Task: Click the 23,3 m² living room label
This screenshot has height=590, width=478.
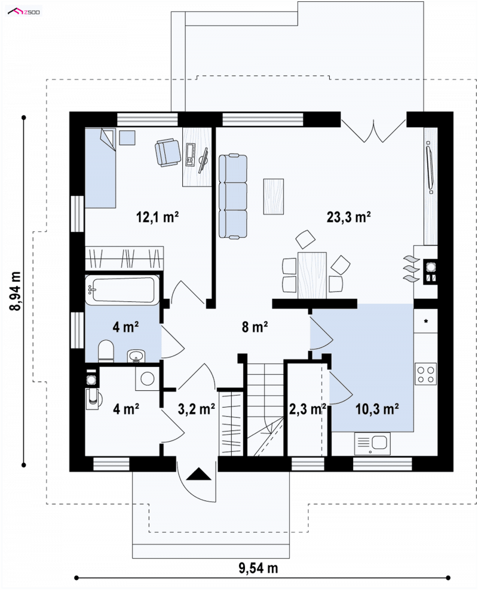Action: (x=348, y=217)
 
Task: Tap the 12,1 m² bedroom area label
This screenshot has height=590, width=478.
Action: (x=157, y=217)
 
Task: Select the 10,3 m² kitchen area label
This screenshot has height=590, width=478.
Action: (x=377, y=409)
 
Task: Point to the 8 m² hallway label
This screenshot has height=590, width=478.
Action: (x=255, y=326)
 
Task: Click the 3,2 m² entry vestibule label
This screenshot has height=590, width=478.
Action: (x=197, y=409)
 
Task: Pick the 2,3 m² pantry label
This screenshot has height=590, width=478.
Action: (x=307, y=409)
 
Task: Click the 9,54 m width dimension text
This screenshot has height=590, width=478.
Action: (x=258, y=568)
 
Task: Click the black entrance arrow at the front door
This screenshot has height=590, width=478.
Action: (x=198, y=474)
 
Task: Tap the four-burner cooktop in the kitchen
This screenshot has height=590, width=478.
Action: (x=426, y=374)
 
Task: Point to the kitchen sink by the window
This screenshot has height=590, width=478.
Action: (x=372, y=444)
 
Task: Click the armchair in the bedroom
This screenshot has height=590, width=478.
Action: (x=168, y=152)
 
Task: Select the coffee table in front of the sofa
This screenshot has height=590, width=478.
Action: (x=274, y=197)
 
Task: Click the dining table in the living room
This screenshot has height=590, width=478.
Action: (x=312, y=276)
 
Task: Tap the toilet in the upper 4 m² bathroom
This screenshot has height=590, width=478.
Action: (x=106, y=351)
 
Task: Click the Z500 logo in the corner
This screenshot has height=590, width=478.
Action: (x=24, y=12)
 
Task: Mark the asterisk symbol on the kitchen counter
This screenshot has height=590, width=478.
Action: (x=426, y=322)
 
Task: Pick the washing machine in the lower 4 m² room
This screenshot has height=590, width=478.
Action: (x=148, y=378)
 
